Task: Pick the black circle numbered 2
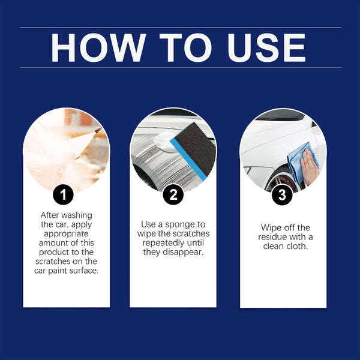[x=173, y=194]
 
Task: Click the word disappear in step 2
[x=185, y=253]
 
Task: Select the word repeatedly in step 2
[x=164, y=243]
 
